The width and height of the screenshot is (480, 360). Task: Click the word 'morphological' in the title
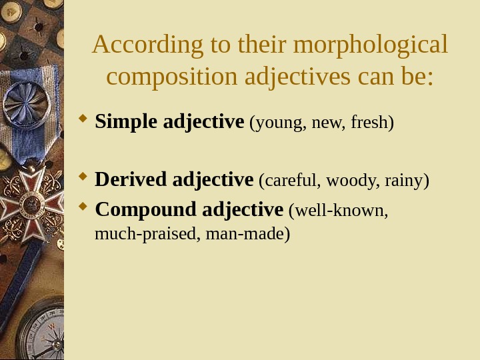[x=370, y=46]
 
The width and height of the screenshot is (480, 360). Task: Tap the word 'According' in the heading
[x=131, y=46]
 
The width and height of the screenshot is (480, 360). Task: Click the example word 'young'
[x=275, y=123]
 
